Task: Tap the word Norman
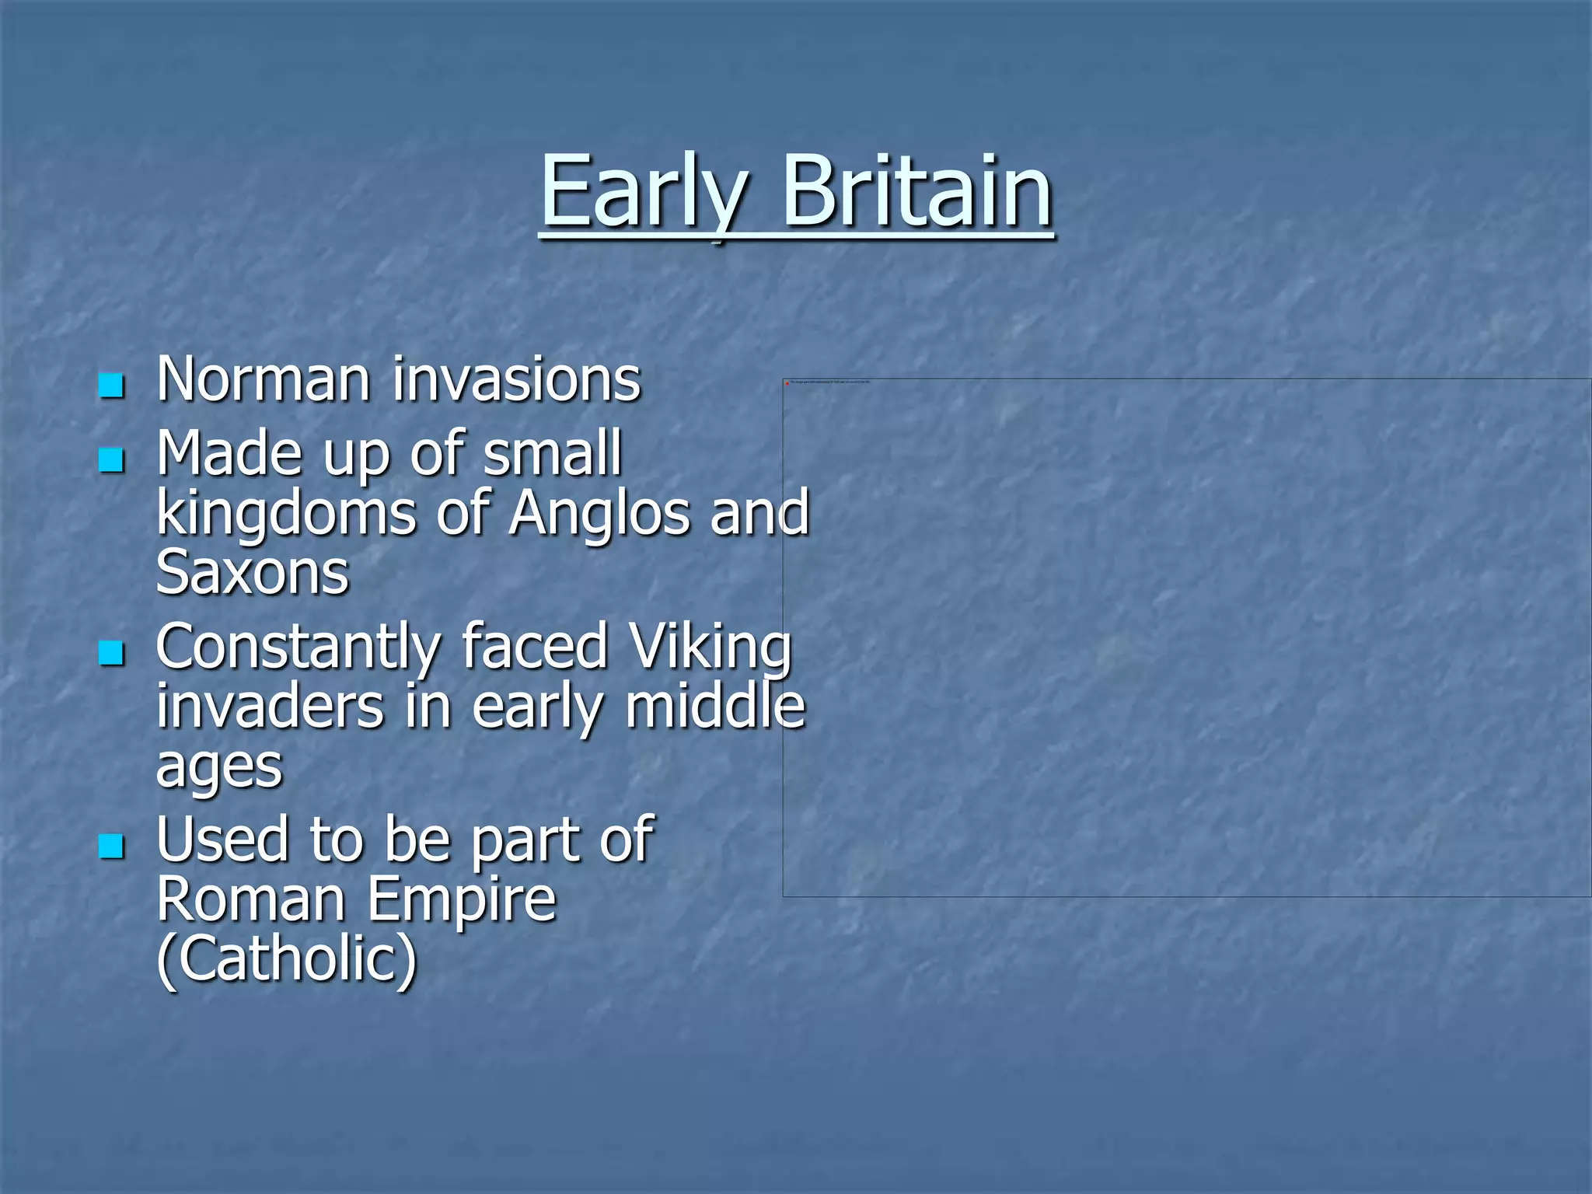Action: [263, 380]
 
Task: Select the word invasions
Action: [516, 380]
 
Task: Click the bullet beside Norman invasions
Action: [112, 385]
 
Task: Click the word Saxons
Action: [253, 573]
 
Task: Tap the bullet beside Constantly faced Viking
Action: [112, 653]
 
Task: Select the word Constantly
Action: [298, 648]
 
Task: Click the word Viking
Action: [710, 648]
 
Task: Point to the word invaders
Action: [270, 707]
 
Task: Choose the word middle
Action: [715, 707]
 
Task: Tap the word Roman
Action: [250, 899]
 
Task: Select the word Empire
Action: [462, 901]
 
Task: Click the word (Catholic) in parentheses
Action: [287, 959]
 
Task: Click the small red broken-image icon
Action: [787, 383]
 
